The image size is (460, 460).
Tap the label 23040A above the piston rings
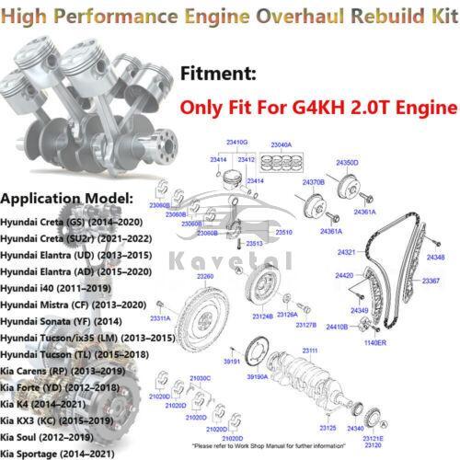[280, 144]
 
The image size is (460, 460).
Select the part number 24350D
[347, 162]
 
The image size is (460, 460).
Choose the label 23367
[430, 280]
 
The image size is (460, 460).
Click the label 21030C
[200, 379]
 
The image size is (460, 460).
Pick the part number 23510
[283, 233]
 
